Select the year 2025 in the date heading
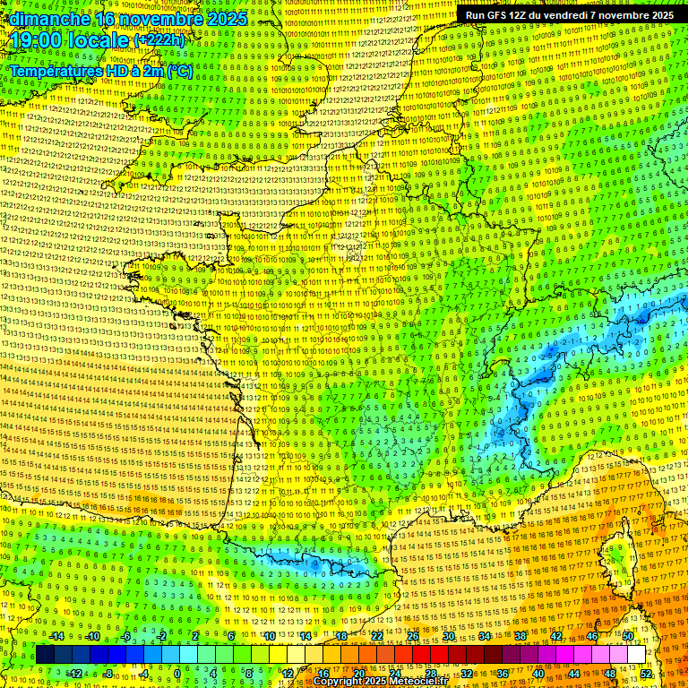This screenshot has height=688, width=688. [x=228, y=18]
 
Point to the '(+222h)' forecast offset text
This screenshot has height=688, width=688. [x=159, y=40]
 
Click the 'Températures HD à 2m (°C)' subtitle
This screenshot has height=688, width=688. [x=101, y=71]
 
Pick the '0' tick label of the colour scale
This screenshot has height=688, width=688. [x=177, y=674]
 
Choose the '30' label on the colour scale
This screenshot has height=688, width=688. [x=449, y=636]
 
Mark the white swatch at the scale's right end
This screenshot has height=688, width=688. [x=636, y=655]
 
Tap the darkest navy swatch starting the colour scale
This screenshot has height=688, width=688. [x=45, y=655]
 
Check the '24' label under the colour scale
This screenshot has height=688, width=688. [x=395, y=674]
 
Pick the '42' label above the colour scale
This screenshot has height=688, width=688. [x=556, y=636]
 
